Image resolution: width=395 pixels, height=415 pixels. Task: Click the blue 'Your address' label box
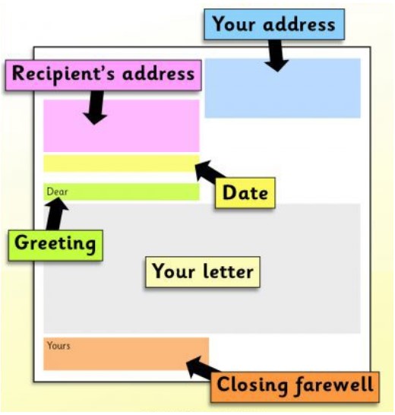coord(274,24)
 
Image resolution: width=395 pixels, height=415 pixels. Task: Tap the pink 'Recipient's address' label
coord(103,75)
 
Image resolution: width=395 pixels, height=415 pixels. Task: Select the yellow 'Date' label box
coord(245,193)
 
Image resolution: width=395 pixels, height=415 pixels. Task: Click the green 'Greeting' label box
coord(55,246)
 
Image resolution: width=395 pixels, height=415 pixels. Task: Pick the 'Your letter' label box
coord(203,272)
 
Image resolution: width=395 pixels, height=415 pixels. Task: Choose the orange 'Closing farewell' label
coord(295,387)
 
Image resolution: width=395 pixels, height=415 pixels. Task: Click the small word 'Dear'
coord(57,192)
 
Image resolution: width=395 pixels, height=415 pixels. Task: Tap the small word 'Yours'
coord(58,346)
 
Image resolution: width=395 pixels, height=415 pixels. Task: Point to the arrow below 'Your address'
coord(276,55)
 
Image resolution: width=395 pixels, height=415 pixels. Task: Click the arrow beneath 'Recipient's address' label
coord(95,107)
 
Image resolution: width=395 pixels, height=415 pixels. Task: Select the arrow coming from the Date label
coord(210,170)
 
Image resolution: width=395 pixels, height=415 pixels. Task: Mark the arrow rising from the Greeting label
coord(56,214)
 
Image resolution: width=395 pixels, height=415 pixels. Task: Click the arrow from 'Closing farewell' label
coord(203,367)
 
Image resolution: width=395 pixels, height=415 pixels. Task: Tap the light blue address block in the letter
coord(283,88)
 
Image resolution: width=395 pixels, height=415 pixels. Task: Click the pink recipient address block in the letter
coord(122,125)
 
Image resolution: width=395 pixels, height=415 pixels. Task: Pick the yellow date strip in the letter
coord(122,163)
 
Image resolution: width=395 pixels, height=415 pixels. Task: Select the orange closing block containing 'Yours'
coord(126,354)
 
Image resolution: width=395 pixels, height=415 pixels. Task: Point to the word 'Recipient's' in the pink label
coord(63,74)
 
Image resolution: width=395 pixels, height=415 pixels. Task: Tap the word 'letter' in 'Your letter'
coord(229,272)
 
